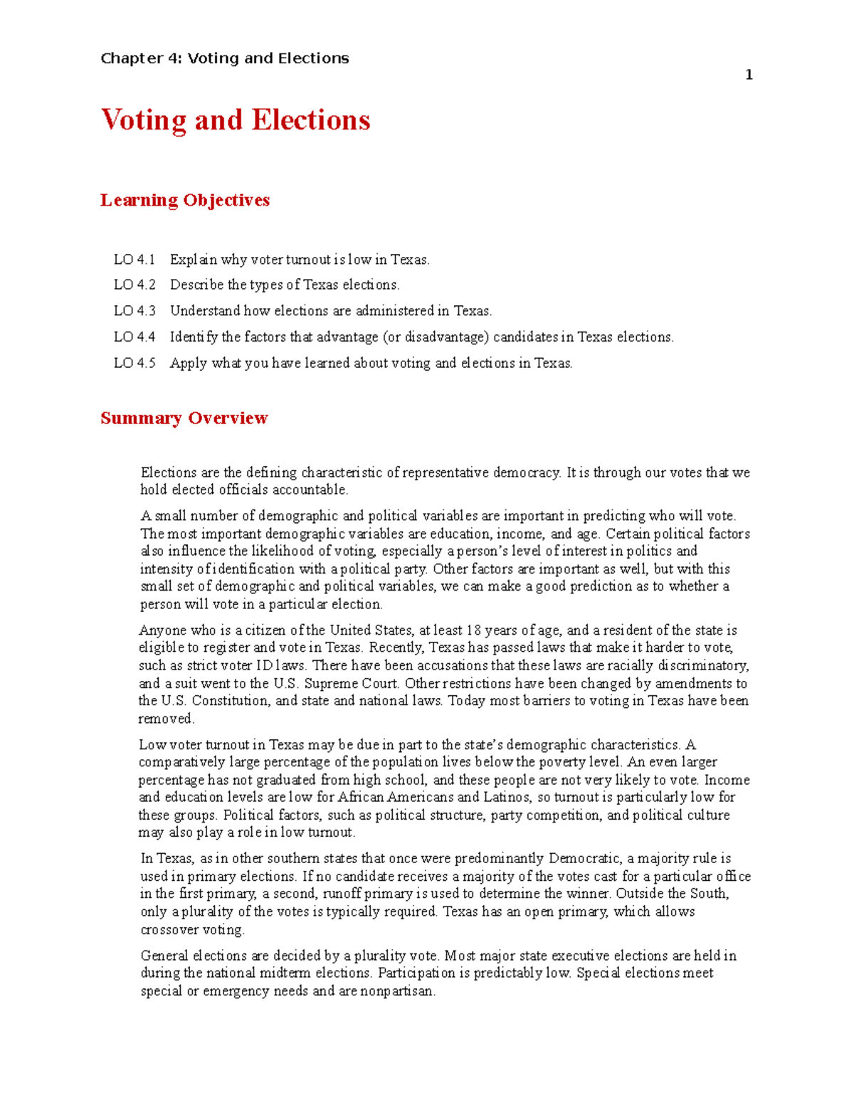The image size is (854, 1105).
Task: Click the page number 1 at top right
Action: tap(749, 75)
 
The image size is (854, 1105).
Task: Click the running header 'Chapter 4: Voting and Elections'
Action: tap(225, 58)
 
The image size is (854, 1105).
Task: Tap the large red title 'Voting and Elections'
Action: tap(236, 120)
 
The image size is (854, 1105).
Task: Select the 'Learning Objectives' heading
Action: tap(185, 200)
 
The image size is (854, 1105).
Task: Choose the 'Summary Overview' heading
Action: tap(184, 418)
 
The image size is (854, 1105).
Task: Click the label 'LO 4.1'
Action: tap(135, 260)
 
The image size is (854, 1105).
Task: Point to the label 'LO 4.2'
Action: tap(135, 285)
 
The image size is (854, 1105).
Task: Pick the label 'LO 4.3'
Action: tap(135, 311)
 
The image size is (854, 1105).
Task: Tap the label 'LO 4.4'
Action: tap(135, 337)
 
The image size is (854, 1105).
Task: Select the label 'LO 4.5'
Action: tap(135, 363)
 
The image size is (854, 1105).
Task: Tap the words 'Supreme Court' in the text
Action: tap(351, 683)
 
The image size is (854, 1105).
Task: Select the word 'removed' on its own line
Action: tap(166, 719)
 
